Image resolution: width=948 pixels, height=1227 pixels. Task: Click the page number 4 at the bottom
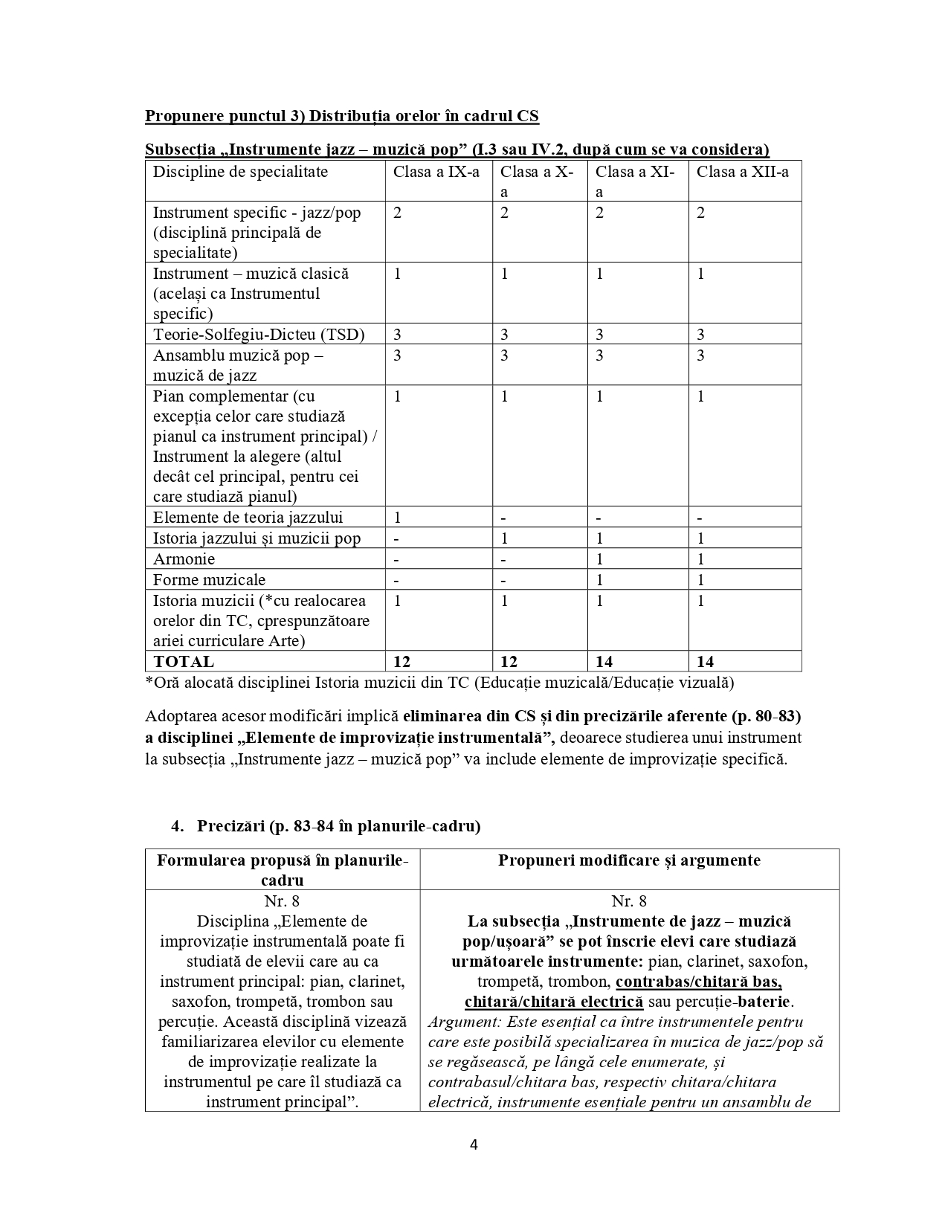(x=474, y=1144)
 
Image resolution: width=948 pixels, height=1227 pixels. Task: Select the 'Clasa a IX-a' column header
(x=436, y=173)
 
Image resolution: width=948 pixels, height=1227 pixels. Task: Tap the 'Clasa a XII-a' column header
(x=742, y=173)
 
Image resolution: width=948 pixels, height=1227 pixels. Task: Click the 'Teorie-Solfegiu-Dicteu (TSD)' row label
(x=259, y=335)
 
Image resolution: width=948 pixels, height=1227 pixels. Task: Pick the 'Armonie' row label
(x=184, y=559)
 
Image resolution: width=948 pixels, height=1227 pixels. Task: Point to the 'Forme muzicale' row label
(x=209, y=580)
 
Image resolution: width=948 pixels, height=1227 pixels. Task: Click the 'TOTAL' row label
(x=183, y=662)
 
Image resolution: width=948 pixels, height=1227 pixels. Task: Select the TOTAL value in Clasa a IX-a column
(x=402, y=662)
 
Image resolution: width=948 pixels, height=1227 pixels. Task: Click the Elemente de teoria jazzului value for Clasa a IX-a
(x=398, y=518)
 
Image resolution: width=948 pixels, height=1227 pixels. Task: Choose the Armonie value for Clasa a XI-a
(x=600, y=559)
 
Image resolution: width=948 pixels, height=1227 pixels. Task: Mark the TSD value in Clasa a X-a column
(x=504, y=335)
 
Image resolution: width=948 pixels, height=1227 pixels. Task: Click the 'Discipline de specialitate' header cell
(x=240, y=173)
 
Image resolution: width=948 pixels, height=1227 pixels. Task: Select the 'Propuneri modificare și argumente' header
(x=629, y=860)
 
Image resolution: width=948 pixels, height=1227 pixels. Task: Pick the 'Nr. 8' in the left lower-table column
(x=282, y=901)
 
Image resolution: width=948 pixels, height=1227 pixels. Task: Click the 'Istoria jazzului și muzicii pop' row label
(x=257, y=538)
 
